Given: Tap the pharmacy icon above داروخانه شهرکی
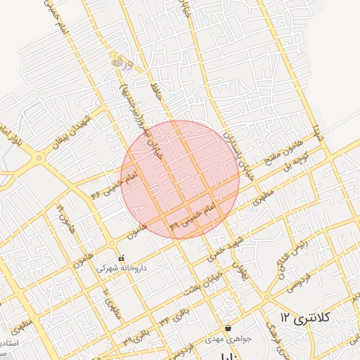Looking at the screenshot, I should point(121,258).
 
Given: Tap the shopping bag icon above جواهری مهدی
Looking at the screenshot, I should point(228,328).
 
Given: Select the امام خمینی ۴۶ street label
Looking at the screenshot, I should point(112,181).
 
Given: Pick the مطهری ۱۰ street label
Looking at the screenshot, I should point(112,301).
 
